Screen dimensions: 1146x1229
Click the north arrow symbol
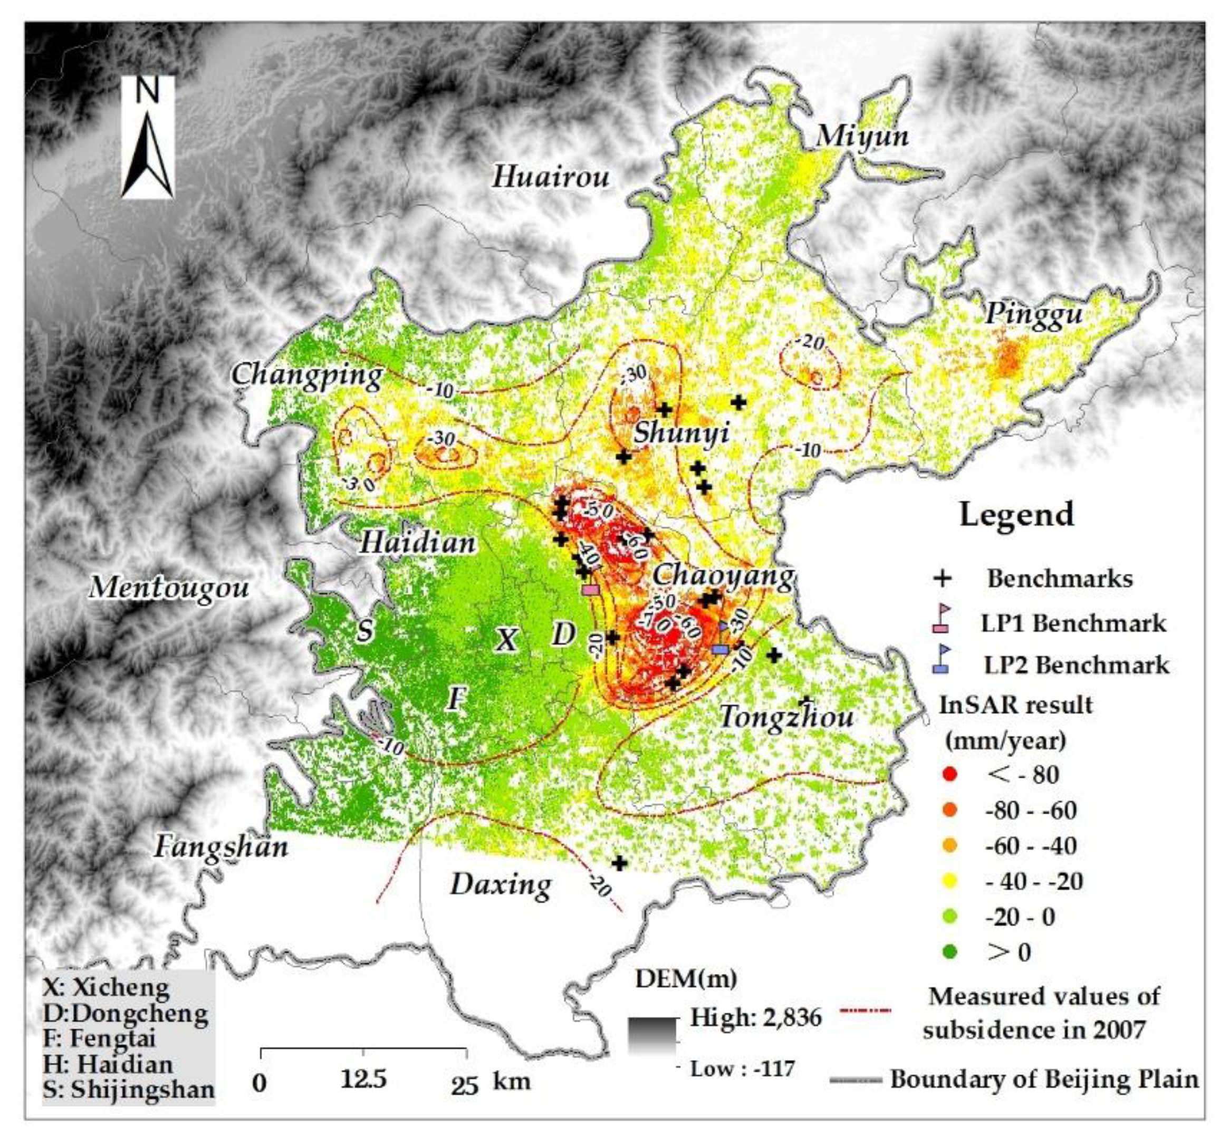click(147, 137)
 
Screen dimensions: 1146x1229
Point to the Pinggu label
click(1034, 313)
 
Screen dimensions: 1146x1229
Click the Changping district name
click(307, 375)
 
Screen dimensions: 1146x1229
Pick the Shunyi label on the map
click(681, 432)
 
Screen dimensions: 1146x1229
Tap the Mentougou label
click(169, 587)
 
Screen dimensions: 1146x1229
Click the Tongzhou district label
click(787, 717)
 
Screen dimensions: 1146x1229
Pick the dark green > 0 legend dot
click(951, 952)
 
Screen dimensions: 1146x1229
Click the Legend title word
click(1016, 515)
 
